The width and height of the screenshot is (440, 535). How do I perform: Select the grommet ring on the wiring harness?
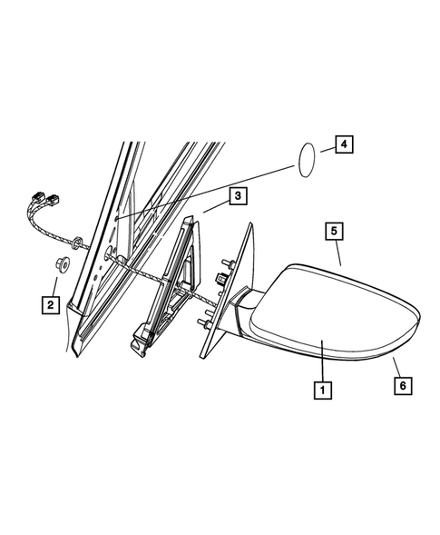pos(79,242)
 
